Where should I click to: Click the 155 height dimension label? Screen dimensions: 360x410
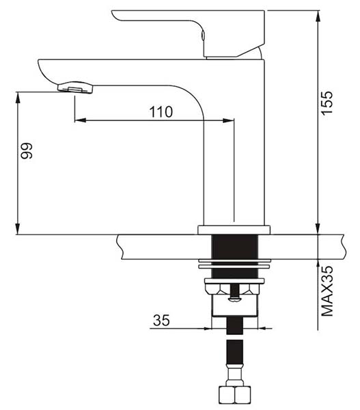327,102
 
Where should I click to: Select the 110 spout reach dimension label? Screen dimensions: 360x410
161,111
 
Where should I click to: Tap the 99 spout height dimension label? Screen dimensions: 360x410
27,150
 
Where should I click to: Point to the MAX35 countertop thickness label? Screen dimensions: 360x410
327,291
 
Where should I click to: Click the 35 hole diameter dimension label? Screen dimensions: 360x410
161,320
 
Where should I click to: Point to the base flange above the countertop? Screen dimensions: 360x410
234,230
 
